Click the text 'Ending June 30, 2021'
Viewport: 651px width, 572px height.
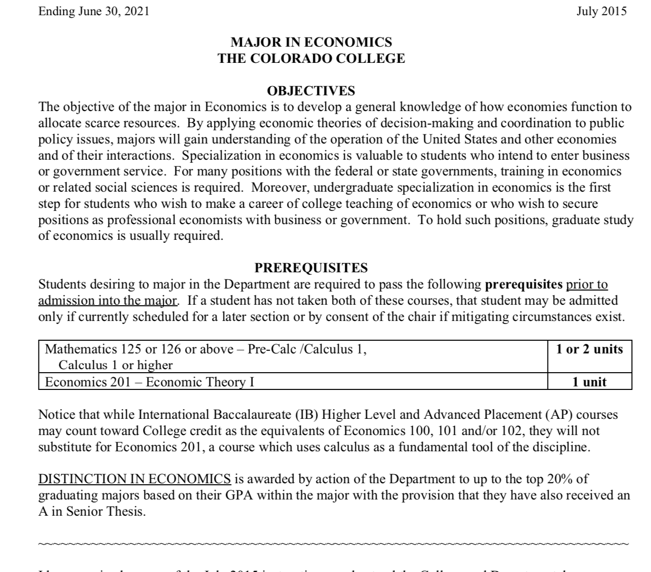pyautogui.click(x=94, y=11)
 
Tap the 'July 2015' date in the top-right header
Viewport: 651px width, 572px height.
pyautogui.click(x=601, y=11)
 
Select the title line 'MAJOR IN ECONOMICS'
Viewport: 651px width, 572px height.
pyautogui.click(x=311, y=42)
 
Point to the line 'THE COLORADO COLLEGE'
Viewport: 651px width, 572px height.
pyautogui.click(x=311, y=58)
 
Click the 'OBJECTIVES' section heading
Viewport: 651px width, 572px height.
pyautogui.click(x=311, y=91)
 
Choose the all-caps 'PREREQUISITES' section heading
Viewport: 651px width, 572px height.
pyautogui.click(x=311, y=268)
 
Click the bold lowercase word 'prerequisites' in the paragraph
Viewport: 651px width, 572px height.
pyautogui.click(x=520, y=284)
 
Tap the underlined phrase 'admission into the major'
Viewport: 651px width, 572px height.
pyautogui.click(x=108, y=300)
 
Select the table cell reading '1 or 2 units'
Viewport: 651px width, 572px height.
pyautogui.click(x=589, y=349)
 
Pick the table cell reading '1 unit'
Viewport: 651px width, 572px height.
pyautogui.click(x=589, y=382)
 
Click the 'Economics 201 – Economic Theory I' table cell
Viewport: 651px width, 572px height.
pyautogui.click(x=150, y=382)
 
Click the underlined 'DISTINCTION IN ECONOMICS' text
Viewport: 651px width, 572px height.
pyautogui.click(x=135, y=479)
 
